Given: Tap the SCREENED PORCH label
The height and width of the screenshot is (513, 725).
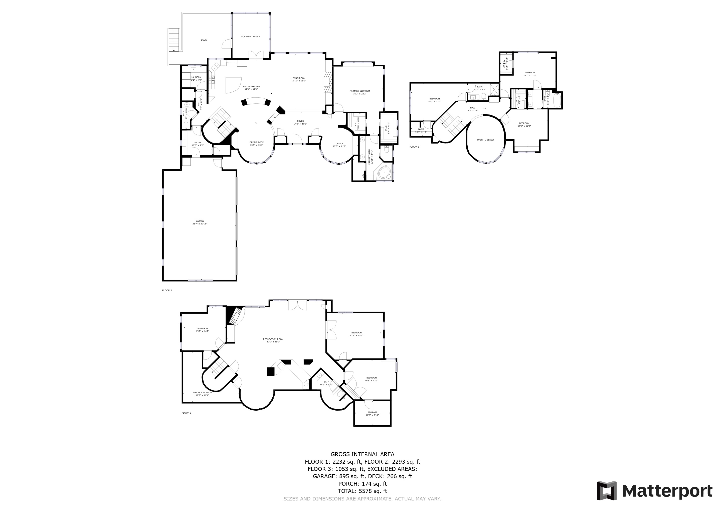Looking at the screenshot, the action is coord(251,37).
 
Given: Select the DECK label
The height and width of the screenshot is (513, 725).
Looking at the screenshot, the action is coord(204,40).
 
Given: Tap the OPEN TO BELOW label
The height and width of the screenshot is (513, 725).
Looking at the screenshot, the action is coord(485,140).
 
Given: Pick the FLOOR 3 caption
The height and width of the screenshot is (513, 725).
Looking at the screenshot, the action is coord(414,147).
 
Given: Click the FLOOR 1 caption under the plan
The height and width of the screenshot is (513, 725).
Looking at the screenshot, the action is coord(186,413).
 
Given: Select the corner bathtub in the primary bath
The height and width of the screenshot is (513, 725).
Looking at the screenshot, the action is coord(383,173).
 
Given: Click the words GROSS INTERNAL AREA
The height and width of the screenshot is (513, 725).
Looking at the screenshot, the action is coord(362,454).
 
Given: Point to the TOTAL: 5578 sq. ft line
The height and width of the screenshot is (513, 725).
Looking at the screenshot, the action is coord(362,491).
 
